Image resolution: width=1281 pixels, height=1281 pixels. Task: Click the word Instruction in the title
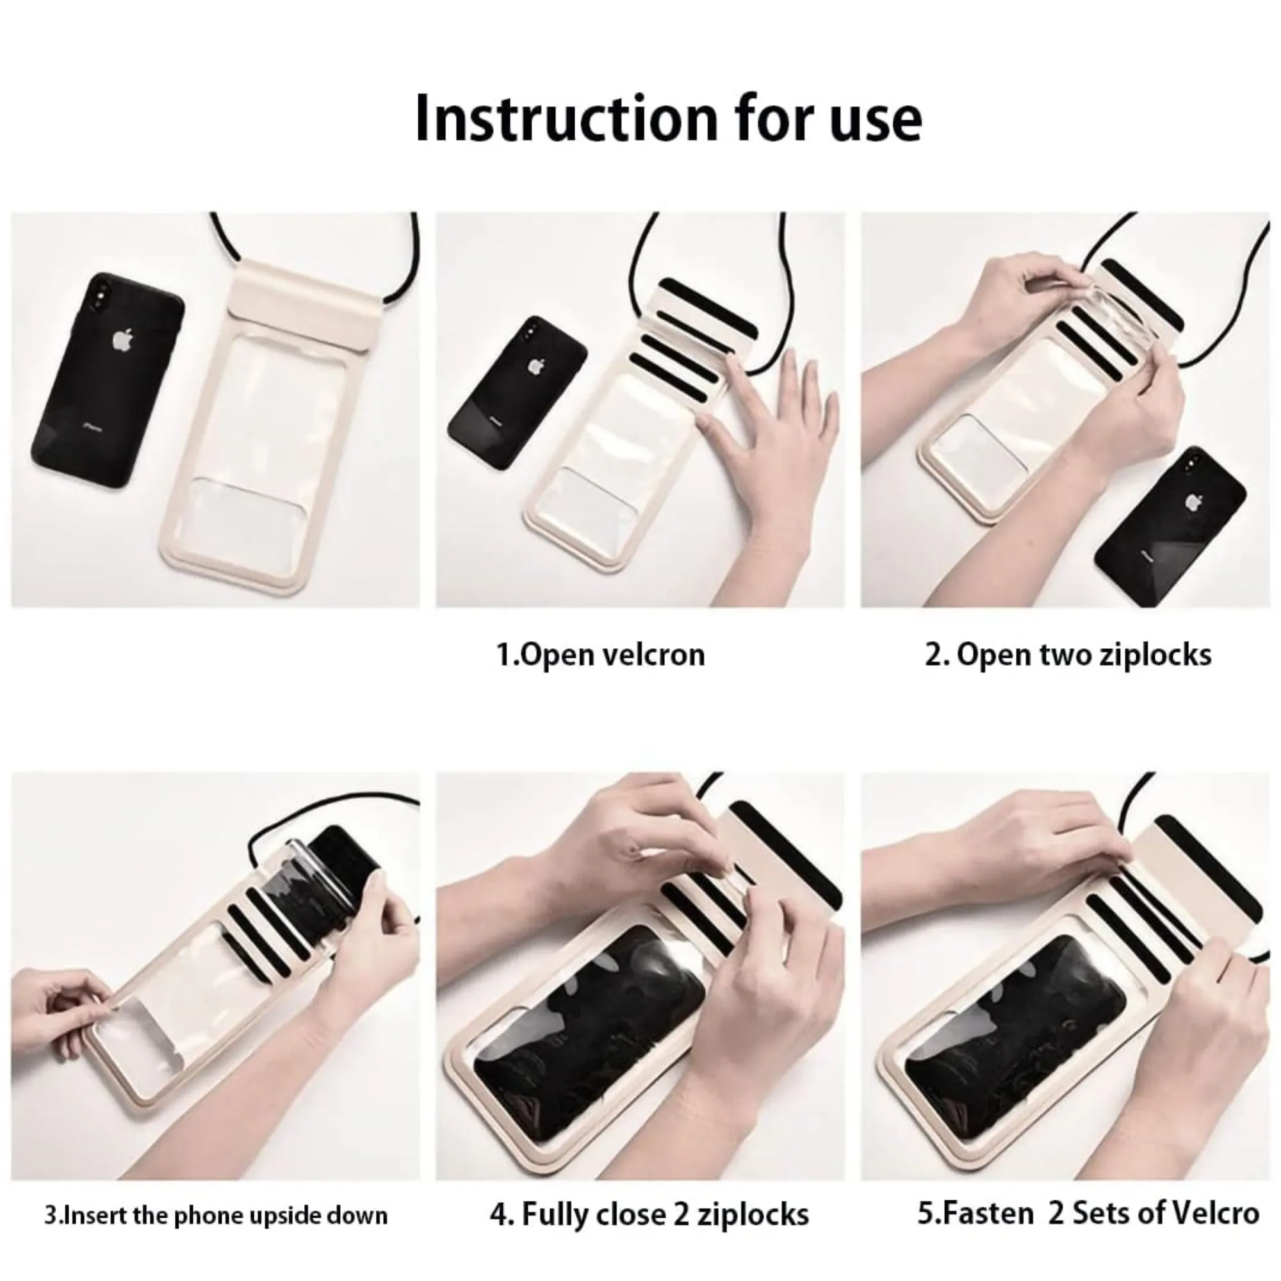tap(566, 118)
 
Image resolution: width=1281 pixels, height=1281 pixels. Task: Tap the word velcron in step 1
tap(653, 655)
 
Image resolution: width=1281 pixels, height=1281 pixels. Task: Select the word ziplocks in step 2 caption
tap(1155, 655)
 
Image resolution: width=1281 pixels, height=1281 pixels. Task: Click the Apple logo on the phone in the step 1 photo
tap(535, 366)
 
